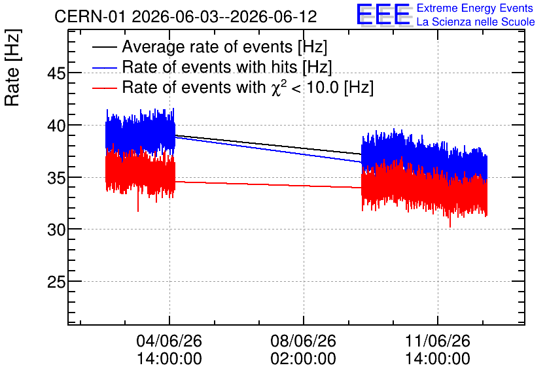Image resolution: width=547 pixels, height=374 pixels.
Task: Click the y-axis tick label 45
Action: pos(56,73)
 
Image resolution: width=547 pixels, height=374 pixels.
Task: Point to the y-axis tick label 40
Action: pos(56,126)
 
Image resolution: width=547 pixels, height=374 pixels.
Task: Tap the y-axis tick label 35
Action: pos(56,178)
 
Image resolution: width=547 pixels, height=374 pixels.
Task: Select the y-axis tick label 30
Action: pos(56,229)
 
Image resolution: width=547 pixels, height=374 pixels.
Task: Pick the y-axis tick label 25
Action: pos(56,282)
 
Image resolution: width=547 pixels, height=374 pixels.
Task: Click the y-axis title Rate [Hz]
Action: pos(12,67)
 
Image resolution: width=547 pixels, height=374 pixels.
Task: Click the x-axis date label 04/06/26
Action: pos(169,341)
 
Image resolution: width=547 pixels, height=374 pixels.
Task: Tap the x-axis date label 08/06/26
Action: pos(303,341)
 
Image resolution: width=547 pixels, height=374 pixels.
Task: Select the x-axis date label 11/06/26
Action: pos(438,341)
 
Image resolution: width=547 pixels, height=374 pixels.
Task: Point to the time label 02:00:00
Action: pos(303,358)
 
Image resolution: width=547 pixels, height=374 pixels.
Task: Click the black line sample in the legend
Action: pos(104,47)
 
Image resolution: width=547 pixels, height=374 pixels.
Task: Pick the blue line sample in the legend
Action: pos(104,67)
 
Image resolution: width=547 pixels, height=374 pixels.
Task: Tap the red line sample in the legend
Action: pos(104,88)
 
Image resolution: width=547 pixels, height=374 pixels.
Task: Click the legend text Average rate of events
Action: pos(207,47)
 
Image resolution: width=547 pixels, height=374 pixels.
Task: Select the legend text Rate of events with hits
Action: pos(209,67)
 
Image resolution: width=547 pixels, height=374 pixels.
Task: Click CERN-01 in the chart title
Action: pos(90,16)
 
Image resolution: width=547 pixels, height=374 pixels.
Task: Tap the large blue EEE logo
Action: pos(384,14)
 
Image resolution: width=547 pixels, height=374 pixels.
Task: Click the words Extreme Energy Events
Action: pos(475,8)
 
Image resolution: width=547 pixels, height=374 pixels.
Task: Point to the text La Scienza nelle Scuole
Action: pos(476,22)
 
